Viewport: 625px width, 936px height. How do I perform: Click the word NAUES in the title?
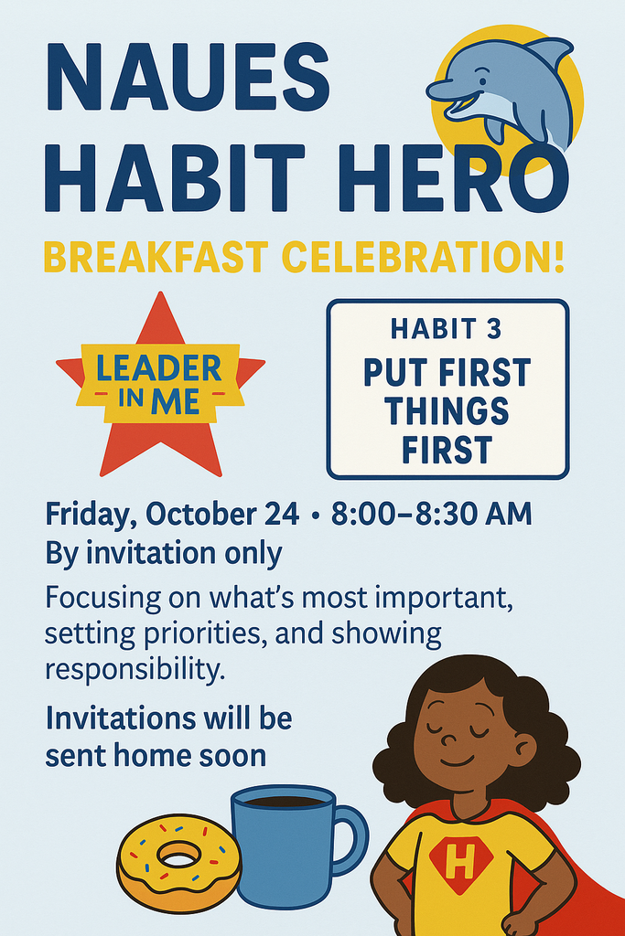(187, 77)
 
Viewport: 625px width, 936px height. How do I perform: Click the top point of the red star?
(160, 300)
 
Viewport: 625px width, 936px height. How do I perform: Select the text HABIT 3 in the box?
(447, 329)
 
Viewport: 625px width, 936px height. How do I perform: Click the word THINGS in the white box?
(447, 411)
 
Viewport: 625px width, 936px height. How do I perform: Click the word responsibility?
(134, 670)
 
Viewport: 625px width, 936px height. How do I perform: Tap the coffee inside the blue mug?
(284, 802)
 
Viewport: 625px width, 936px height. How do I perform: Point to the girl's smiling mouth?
(457, 760)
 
